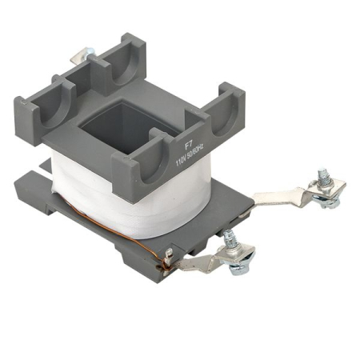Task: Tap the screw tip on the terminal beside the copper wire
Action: click(x=230, y=236)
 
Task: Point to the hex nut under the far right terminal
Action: click(x=327, y=202)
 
